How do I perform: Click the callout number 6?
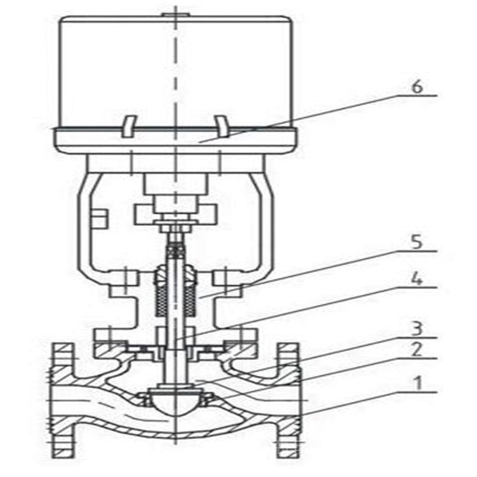(x=417, y=87)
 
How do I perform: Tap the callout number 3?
(x=417, y=329)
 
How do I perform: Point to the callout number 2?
(x=417, y=350)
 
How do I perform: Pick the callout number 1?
(x=419, y=383)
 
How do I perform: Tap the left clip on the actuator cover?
(x=129, y=126)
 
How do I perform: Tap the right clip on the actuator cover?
(x=222, y=126)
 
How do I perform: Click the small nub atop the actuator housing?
(x=175, y=14)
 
